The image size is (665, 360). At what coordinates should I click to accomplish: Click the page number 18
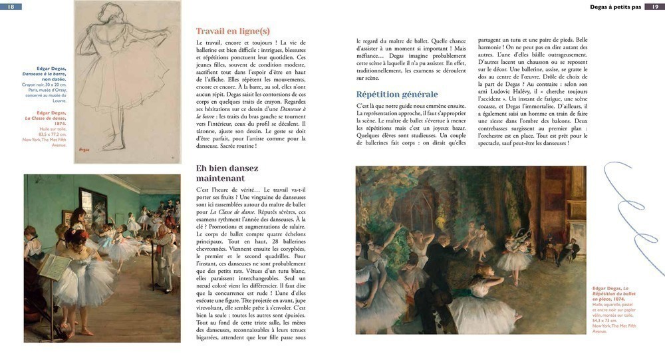point(11,7)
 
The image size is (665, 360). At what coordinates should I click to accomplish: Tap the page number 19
point(654,7)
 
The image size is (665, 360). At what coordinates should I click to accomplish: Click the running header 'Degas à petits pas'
point(615,7)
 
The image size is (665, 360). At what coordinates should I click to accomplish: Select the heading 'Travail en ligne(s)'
point(233,31)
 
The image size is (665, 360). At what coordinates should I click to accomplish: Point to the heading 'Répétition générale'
point(397,94)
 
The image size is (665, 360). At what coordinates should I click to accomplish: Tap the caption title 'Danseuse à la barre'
point(45,74)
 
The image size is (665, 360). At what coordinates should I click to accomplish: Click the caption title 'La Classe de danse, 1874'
point(46,120)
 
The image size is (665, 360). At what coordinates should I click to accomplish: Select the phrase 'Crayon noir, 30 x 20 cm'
point(45,85)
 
